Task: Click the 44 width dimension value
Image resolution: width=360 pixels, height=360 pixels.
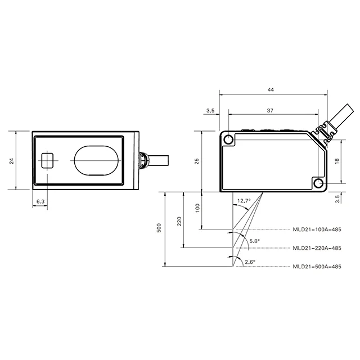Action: tap(271, 89)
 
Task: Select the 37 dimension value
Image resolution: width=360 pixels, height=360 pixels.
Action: tap(270, 110)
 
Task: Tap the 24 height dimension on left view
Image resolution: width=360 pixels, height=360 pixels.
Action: tap(11, 161)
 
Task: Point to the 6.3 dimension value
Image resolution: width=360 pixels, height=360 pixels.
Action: tap(40, 201)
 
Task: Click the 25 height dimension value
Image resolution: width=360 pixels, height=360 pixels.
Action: tap(197, 161)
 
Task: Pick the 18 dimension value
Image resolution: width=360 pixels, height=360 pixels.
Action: tap(337, 161)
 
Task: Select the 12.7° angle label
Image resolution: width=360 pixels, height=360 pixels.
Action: tap(244, 201)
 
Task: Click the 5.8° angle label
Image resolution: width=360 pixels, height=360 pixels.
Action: tap(255, 241)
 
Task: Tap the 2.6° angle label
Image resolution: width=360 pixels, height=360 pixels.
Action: tap(250, 262)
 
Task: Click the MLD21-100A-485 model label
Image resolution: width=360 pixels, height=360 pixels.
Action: tap(317, 229)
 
